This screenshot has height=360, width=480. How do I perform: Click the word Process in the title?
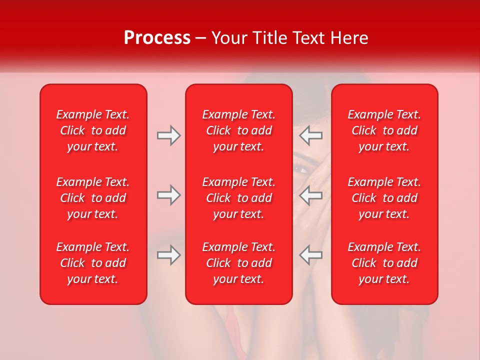[x=157, y=38]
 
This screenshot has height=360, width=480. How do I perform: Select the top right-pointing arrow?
[x=169, y=135]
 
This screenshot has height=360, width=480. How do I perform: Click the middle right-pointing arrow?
[x=169, y=195]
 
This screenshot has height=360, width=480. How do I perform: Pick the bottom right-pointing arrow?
[x=169, y=255]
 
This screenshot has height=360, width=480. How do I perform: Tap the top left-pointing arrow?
[x=311, y=135]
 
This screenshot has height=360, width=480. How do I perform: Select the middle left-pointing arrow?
[x=311, y=195]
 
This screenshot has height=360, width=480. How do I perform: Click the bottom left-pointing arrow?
[x=311, y=255]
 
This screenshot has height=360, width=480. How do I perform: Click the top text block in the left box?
[x=93, y=130]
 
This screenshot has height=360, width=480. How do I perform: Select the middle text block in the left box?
[x=93, y=198]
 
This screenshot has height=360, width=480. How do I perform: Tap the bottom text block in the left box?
[x=93, y=263]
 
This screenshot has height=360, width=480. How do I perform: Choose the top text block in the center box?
[x=238, y=130]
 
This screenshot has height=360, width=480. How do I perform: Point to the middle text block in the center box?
[x=238, y=198]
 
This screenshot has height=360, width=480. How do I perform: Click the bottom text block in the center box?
[x=238, y=263]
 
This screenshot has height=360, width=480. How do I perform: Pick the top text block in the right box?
[x=384, y=130]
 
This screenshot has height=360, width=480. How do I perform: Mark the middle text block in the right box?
[x=384, y=198]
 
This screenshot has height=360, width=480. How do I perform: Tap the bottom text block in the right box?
[x=384, y=263]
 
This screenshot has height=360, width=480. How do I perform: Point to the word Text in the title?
[x=309, y=38]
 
